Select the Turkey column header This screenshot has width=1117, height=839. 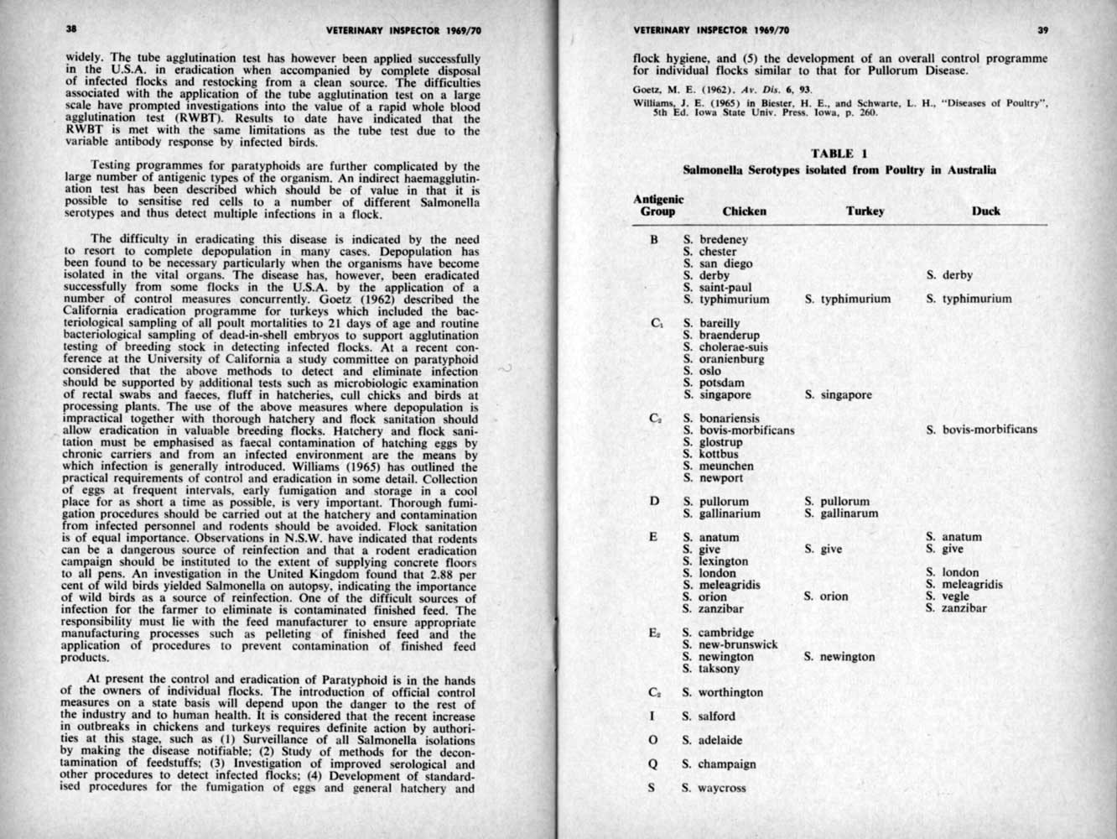[x=865, y=211]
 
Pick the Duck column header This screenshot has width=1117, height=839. [x=985, y=211]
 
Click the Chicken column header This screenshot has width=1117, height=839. [x=744, y=211]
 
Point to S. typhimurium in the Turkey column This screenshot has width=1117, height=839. [x=847, y=299]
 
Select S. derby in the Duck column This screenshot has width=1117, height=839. [x=949, y=275]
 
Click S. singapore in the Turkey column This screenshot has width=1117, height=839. [x=838, y=394]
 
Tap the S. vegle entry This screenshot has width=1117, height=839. [x=948, y=597]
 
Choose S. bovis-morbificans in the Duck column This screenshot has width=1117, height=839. [x=981, y=430]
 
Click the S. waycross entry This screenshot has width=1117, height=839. [x=714, y=788]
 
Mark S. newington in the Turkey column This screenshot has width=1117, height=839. [x=839, y=657]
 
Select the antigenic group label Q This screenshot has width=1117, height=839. [x=652, y=764]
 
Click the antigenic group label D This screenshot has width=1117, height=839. [x=652, y=502]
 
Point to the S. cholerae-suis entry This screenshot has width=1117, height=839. [x=725, y=347]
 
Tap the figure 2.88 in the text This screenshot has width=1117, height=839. [x=442, y=576]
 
